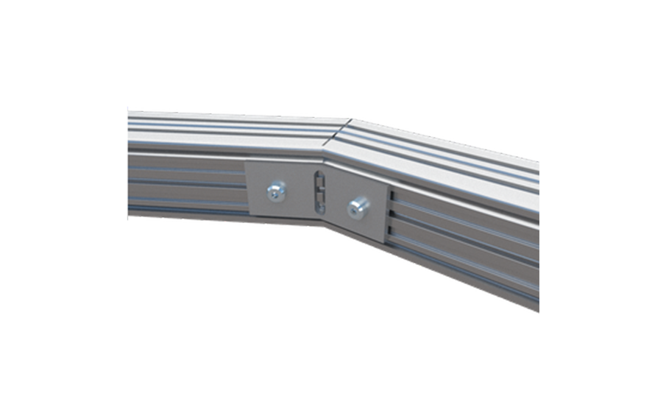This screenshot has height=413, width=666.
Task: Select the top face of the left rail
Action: point(221,127)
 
